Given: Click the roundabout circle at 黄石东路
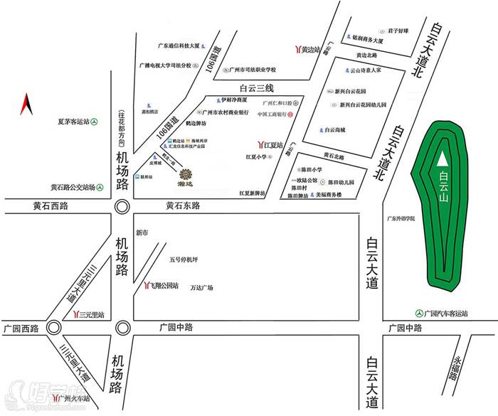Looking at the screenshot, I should tap(122, 206).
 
